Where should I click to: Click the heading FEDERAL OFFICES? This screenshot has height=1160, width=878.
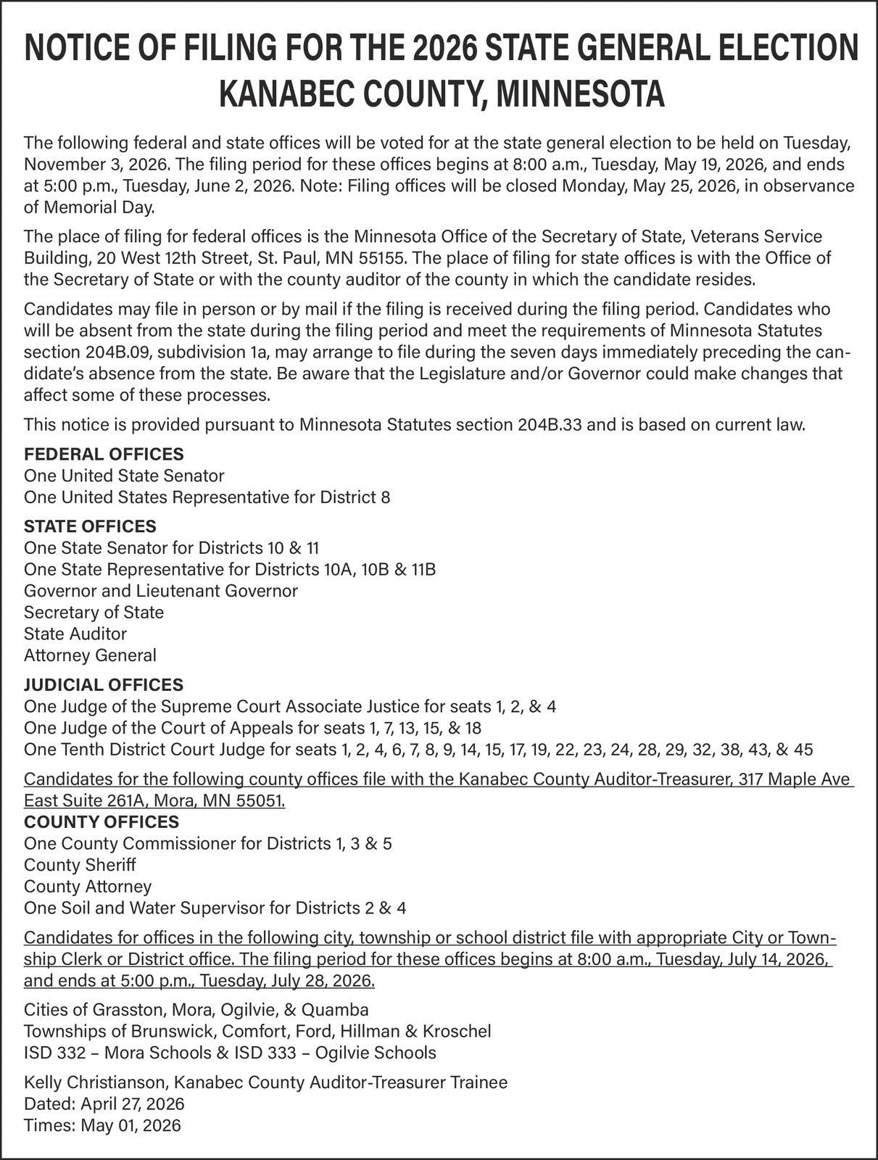104,455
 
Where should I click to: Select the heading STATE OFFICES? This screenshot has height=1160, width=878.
90,526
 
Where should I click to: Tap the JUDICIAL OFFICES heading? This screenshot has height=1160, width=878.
104,684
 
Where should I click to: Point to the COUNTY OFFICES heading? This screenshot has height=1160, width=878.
102,822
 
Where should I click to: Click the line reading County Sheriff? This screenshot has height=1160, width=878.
80,865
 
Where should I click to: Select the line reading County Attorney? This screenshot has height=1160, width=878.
88,887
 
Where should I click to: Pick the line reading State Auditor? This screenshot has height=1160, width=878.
75,634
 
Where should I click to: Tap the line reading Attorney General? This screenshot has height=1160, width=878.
90,655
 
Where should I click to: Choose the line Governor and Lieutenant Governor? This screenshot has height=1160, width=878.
161,591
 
